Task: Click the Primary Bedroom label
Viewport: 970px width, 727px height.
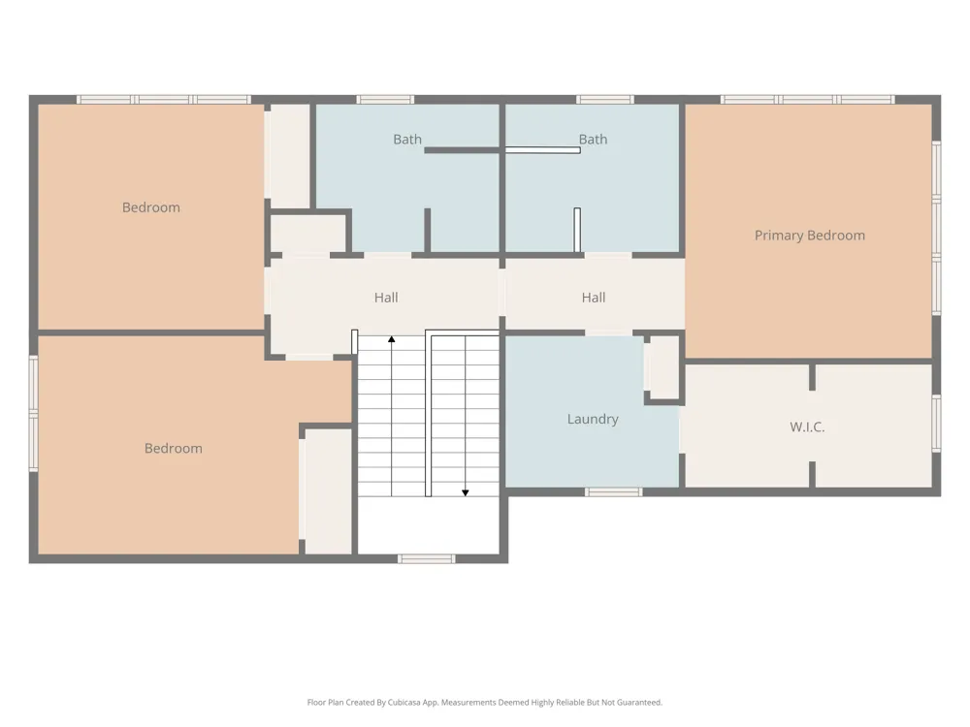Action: [809, 236]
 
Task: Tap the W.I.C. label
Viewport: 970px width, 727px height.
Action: [807, 427]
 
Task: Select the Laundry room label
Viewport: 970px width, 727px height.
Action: [593, 419]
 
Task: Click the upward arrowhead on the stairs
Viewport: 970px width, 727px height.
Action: [392, 338]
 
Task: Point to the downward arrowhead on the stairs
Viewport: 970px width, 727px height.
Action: [466, 492]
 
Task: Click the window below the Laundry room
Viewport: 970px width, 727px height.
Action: [614, 492]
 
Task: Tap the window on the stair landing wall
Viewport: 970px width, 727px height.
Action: [426, 559]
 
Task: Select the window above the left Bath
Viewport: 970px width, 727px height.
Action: [385, 100]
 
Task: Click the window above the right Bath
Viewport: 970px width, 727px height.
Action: [605, 100]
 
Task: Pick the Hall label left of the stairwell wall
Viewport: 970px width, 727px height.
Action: [386, 298]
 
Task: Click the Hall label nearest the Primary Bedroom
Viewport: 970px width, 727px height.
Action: [594, 298]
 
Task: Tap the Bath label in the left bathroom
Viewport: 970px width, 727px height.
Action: [407, 140]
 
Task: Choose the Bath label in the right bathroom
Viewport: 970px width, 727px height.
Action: [593, 140]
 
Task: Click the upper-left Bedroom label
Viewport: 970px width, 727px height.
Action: [151, 207]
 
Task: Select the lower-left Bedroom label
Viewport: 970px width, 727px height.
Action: [174, 449]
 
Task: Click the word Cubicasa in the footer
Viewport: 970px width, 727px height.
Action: [404, 702]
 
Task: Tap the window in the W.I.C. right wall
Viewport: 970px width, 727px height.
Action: [937, 423]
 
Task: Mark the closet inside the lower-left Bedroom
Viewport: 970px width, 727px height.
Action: [329, 491]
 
